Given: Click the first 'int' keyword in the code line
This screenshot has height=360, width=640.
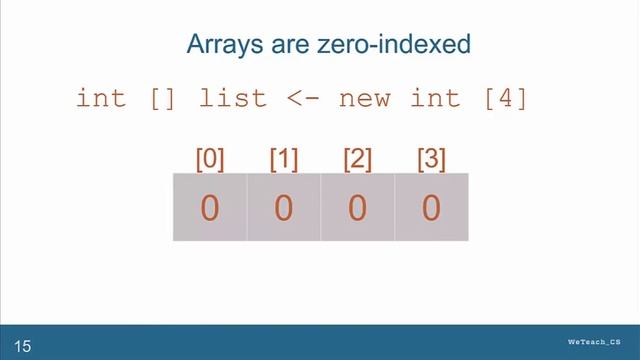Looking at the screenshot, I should (101, 99).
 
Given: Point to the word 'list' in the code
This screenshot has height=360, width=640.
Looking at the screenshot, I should (233, 99).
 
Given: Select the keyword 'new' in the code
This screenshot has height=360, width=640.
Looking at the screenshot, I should (364, 99).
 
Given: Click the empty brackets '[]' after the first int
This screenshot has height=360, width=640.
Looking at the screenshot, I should (162, 99).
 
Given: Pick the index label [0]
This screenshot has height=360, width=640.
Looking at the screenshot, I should (210, 158).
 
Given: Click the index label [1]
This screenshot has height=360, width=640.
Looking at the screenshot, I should (284, 158).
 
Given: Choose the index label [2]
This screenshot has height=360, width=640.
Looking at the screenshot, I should (357, 158).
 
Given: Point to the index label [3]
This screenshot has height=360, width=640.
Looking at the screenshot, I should (431, 158).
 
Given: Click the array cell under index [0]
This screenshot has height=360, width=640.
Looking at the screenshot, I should (210, 208).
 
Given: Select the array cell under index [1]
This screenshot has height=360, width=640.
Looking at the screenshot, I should (284, 208).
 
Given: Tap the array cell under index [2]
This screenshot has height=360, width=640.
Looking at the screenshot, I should (357, 208).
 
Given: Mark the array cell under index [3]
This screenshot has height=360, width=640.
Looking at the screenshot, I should (431, 208).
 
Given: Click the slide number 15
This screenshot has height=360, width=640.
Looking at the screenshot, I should (22, 347).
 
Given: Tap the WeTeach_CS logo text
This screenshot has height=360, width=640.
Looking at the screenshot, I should (601, 342).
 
